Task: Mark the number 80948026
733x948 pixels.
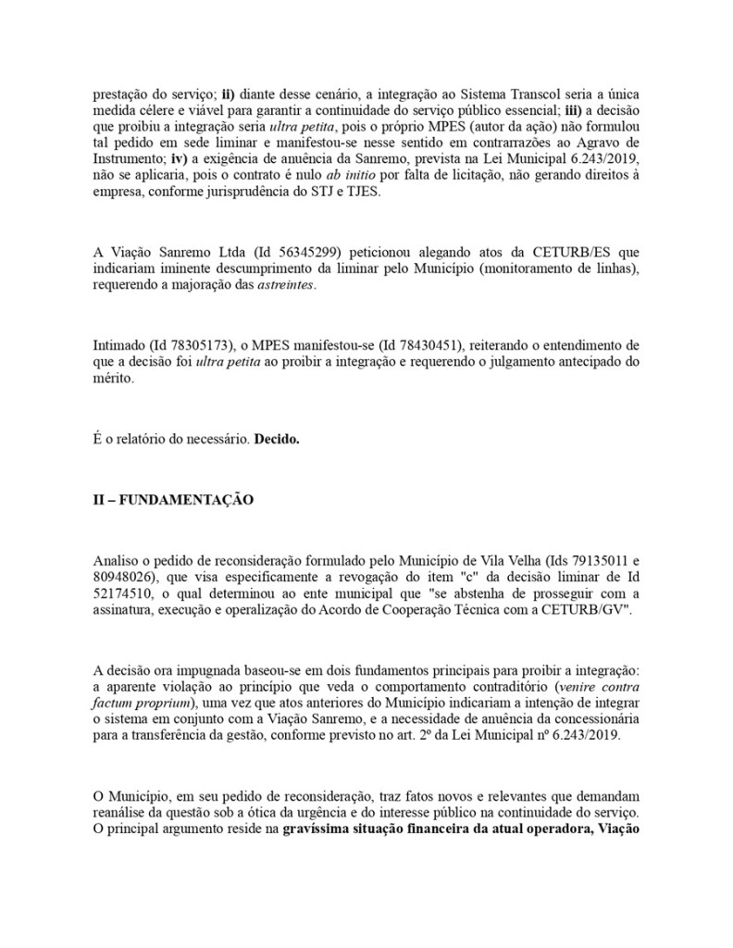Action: point(124,576)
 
